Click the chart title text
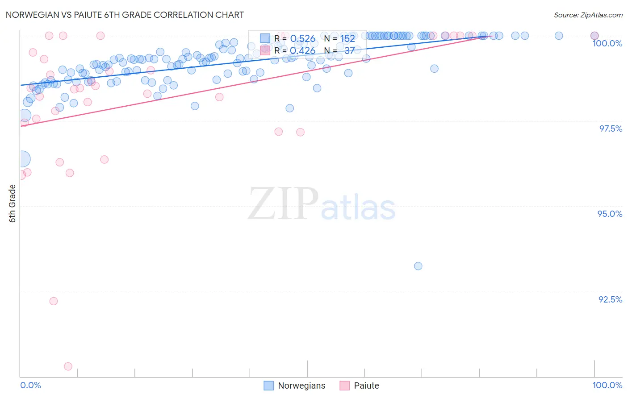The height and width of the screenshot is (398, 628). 125,15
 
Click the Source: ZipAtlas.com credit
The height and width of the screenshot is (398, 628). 588,15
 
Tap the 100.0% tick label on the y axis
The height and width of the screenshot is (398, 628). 607,43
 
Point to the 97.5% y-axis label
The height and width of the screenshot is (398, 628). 610,129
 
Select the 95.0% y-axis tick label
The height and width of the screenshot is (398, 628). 610,214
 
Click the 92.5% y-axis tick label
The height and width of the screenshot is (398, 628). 610,299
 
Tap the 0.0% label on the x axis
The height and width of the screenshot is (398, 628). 31,385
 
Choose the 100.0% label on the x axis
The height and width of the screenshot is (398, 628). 607,385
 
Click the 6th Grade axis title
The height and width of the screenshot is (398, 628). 13,203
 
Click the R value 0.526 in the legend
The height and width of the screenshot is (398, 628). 302,39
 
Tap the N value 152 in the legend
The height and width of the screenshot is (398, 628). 347,39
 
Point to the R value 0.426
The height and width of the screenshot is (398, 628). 302,51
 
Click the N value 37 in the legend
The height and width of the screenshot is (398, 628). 349,51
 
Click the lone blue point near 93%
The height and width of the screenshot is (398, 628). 418,266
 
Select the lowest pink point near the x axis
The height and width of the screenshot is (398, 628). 68,366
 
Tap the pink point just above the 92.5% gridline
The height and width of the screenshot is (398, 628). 54,301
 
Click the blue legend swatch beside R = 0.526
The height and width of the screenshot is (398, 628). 265,38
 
